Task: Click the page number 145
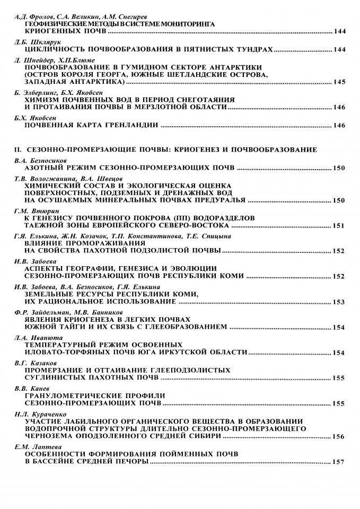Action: pos(339,82)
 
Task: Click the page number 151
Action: pos(339,225)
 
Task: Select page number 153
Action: pos(339,302)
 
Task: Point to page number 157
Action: pos(339,462)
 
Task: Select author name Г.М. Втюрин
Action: pos(32,210)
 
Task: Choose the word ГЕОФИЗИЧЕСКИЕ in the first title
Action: pos(60,24)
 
